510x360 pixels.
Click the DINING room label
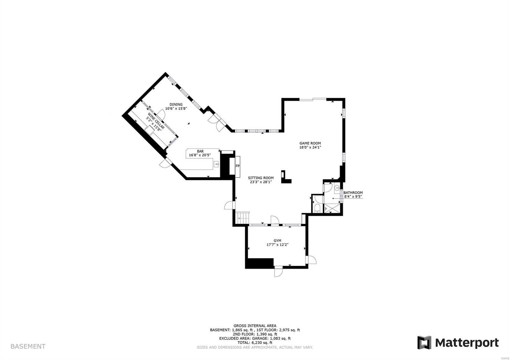[x=176, y=104]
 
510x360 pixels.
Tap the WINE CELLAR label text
[x=155, y=121]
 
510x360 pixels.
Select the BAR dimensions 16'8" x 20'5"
[x=200, y=155]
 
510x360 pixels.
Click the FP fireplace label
[x=237, y=166]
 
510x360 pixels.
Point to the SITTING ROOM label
[x=261, y=178]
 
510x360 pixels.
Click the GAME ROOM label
[x=310, y=143]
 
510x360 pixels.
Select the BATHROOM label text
[x=353, y=192]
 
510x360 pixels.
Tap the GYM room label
[x=277, y=241]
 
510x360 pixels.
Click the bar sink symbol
[x=217, y=164]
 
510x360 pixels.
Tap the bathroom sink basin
[x=337, y=188]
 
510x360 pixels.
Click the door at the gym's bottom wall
[x=278, y=271]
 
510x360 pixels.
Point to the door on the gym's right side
[x=311, y=260]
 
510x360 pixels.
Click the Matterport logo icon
[x=424, y=342]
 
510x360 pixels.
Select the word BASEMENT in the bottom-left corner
[x=28, y=346]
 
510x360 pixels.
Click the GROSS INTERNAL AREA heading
[x=255, y=326]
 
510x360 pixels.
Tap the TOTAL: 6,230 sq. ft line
[x=255, y=342]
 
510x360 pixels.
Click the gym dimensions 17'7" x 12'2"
[x=277, y=245]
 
